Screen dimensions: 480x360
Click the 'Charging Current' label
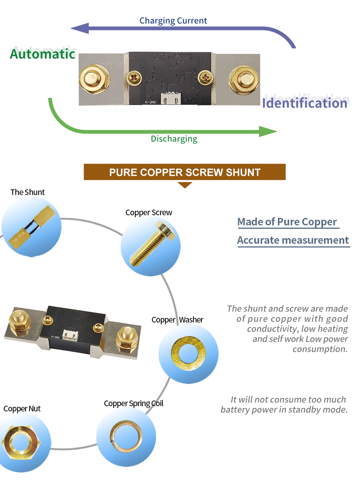173,21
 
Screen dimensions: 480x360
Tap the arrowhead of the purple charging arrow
80,28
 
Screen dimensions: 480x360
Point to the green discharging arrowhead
268,132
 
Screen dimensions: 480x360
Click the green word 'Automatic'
43,54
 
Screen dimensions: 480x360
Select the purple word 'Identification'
304,103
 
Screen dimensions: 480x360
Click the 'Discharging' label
174,139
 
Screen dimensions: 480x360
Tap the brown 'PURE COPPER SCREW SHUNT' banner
184,172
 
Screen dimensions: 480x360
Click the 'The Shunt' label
27,192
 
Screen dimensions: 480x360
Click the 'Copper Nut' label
22,409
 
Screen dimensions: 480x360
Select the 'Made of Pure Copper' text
287,222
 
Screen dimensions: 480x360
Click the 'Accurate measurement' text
293,240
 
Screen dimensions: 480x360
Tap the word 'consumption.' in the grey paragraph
320,349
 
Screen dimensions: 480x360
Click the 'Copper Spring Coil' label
133,403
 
